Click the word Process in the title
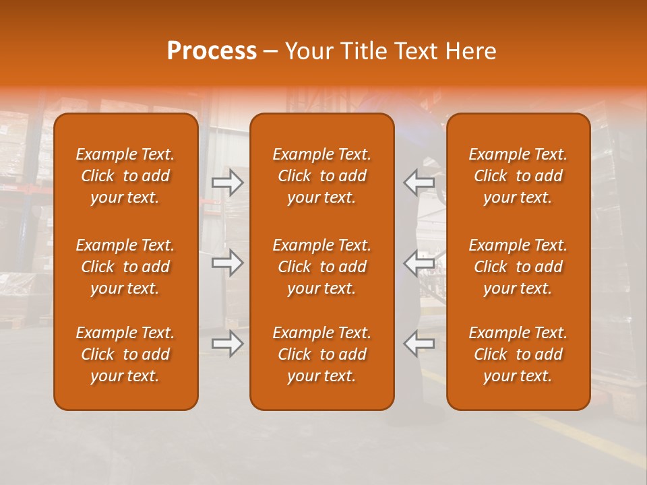coord(212,51)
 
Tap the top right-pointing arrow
coord(227,183)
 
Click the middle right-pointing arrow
coord(227,263)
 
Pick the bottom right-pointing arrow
coord(227,344)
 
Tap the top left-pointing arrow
coord(419,183)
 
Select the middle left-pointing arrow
coord(419,263)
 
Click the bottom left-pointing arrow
coord(419,344)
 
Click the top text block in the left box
coord(125,176)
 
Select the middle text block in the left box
coord(125,267)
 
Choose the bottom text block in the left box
coord(125,354)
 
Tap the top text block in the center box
coord(322,176)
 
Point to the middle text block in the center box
coord(322,267)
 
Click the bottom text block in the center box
coord(322,354)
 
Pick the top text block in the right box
coord(518,176)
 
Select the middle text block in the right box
coord(518,267)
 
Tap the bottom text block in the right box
coord(518,354)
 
